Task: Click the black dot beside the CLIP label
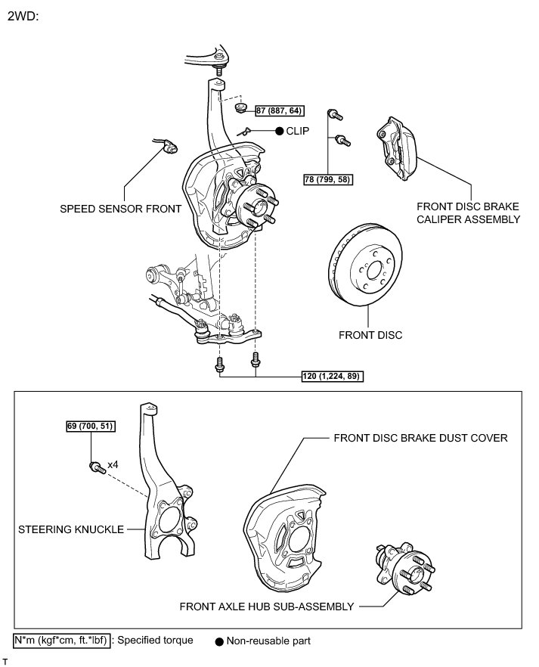[278, 131]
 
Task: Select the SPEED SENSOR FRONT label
[121, 208]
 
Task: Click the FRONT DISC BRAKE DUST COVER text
[420, 438]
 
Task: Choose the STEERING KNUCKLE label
[71, 530]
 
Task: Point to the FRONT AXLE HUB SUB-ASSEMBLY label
[267, 606]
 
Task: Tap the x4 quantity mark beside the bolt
[113, 464]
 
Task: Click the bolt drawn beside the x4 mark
[95, 466]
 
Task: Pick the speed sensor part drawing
[168, 144]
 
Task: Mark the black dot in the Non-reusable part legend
[218, 641]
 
